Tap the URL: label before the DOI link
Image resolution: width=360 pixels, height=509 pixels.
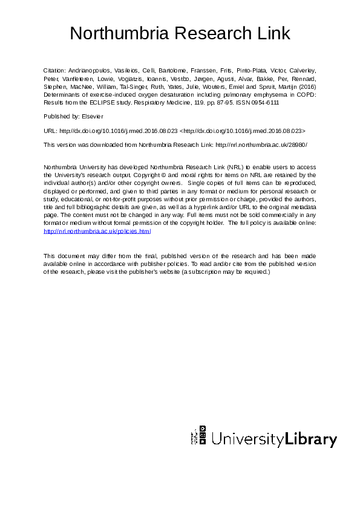point(50,130)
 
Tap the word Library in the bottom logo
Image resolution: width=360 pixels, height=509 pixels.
point(311,439)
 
